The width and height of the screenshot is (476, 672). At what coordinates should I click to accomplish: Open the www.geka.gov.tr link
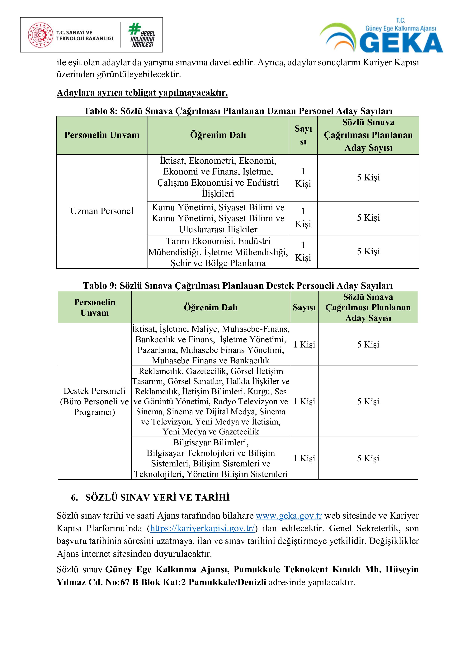coord(289,515)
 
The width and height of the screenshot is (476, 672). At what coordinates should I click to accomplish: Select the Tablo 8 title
coord(238,111)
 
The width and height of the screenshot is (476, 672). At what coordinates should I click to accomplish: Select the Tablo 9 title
coord(238,285)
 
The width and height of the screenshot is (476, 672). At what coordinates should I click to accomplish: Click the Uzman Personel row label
coord(102,211)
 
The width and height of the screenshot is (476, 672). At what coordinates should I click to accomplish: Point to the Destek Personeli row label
coord(94,401)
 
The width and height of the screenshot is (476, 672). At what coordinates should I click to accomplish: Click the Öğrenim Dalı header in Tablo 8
coord(218,135)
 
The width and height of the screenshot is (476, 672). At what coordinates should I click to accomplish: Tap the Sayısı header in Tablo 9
coord(304,307)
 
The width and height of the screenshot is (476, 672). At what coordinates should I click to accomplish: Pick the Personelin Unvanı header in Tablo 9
coord(94,307)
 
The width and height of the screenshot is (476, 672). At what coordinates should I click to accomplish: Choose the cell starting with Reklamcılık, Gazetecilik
coord(210,401)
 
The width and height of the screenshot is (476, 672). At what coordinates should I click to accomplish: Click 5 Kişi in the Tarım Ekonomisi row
coord(368,251)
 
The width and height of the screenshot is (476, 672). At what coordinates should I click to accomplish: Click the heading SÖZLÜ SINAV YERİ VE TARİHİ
coord(157,497)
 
